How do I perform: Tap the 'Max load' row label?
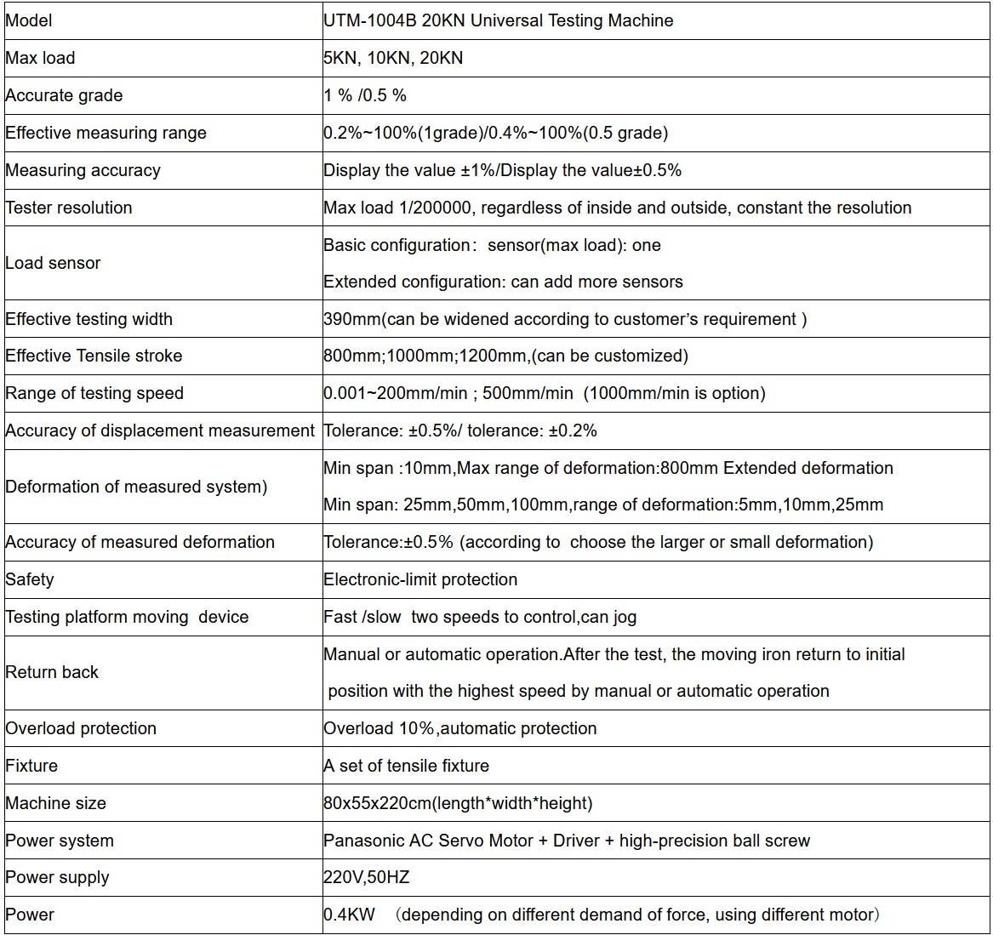click(x=40, y=58)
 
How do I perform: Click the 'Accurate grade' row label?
click(x=64, y=95)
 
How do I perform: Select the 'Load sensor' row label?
click(x=53, y=263)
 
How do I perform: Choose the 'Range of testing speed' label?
click(x=94, y=393)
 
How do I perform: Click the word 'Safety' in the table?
click(x=30, y=579)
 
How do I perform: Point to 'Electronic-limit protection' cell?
click(x=420, y=579)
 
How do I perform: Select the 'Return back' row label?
click(x=52, y=672)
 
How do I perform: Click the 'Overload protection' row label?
click(x=81, y=728)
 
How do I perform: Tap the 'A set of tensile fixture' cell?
click(x=407, y=766)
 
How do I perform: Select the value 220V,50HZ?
click(x=367, y=877)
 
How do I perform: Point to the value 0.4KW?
click(x=349, y=915)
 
